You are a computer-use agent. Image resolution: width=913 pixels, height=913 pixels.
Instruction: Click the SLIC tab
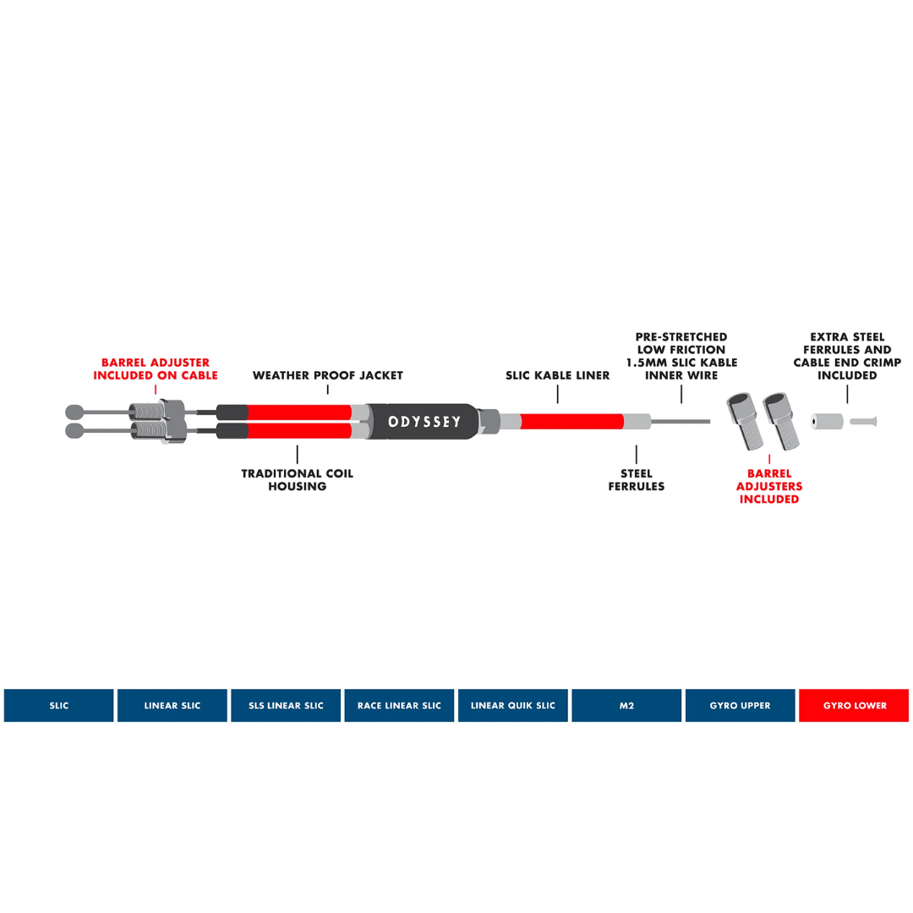coord(58,705)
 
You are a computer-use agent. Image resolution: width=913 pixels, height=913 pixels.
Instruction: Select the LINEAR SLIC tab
coord(172,705)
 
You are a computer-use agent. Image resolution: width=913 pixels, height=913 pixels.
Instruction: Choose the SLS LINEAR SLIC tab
coord(286,705)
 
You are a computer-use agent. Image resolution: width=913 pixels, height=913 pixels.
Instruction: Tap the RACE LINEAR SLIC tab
coord(399,705)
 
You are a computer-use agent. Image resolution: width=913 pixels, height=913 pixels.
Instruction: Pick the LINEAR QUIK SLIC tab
coord(513,705)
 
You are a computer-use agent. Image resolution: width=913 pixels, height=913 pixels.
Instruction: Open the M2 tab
coord(626,705)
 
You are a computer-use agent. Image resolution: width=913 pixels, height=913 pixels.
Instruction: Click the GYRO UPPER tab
coord(740,705)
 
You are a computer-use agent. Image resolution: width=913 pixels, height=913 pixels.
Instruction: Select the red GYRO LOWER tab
coord(854,705)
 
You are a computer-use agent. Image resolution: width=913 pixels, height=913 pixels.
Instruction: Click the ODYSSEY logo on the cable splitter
coord(424,421)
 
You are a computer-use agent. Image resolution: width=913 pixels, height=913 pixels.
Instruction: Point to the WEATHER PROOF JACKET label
coord(328,375)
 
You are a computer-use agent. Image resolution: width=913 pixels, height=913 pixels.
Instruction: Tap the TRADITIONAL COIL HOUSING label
coord(298,480)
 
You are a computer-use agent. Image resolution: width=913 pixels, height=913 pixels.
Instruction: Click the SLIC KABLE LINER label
coord(558,375)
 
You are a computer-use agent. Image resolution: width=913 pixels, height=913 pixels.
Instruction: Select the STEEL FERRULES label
coord(637,480)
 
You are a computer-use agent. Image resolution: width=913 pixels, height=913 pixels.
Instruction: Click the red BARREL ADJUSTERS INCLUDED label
coord(769,486)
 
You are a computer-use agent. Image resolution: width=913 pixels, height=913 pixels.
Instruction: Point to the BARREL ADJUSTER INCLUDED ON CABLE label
coord(156,369)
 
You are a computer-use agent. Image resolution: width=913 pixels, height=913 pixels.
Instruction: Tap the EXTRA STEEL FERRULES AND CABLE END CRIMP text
coord(847,356)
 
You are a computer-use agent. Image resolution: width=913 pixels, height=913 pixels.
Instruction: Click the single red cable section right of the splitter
coord(571,421)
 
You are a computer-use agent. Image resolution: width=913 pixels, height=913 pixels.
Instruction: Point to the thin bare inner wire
coord(681,421)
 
